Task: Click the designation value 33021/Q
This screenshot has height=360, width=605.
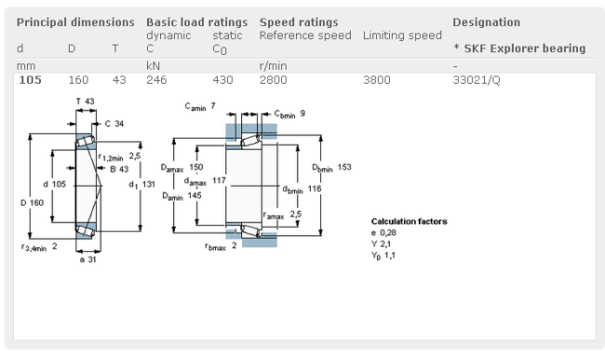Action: (x=477, y=80)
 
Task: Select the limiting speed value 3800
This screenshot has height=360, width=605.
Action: (x=377, y=80)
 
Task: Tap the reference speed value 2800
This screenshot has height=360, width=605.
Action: (x=273, y=80)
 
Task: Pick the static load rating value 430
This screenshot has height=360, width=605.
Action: (x=222, y=80)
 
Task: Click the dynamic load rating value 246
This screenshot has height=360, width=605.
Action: (x=156, y=80)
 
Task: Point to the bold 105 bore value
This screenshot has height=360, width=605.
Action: (x=30, y=80)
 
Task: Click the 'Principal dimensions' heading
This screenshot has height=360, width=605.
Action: (x=75, y=22)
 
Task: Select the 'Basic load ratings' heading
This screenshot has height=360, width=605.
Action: (x=196, y=22)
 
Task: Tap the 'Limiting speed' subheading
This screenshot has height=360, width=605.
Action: (x=402, y=35)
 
